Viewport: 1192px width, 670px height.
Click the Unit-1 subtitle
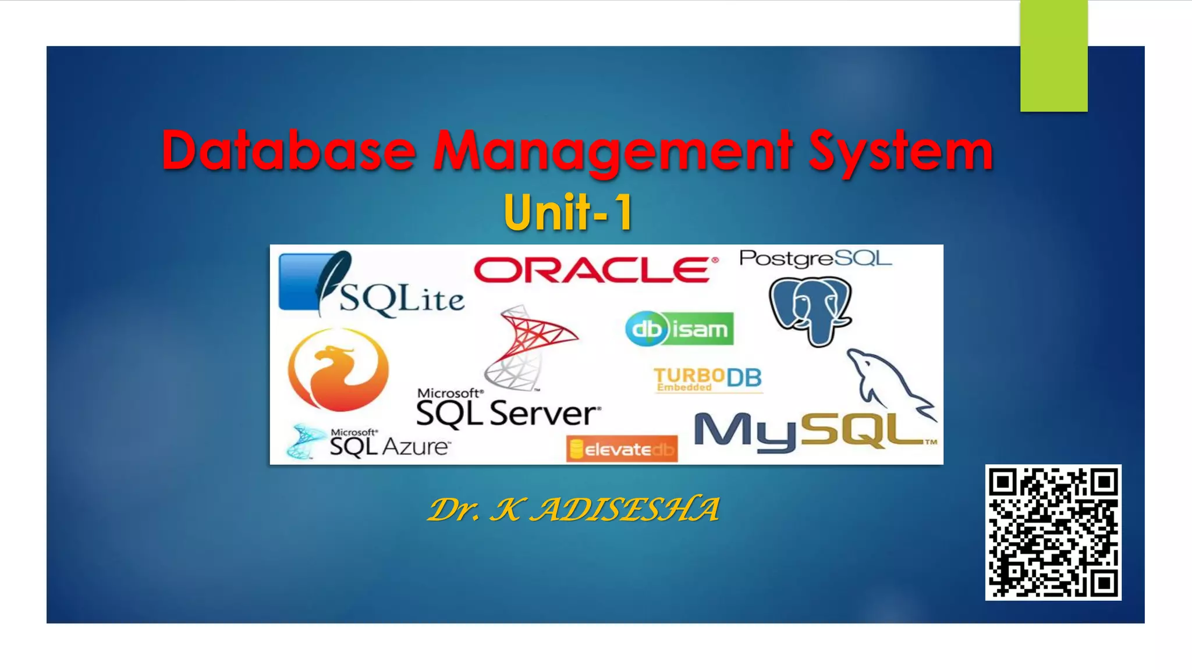[x=568, y=213]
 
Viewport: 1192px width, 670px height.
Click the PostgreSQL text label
[x=815, y=258]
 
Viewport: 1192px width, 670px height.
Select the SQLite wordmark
[x=402, y=300]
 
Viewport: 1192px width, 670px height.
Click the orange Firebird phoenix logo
[x=338, y=369]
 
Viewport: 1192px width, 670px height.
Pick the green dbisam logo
[x=679, y=329]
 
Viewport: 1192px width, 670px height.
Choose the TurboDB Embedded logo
[x=707, y=379]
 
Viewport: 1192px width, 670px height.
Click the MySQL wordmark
[x=809, y=433]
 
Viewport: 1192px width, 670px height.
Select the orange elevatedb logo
[x=622, y=449]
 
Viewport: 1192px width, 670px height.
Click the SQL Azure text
[x=389, y=445]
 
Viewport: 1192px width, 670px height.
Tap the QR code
[x=1053, y=532]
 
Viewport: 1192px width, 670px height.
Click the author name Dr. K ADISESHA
[x=574, y=509]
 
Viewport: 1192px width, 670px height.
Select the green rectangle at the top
[x=1053, y=56]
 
